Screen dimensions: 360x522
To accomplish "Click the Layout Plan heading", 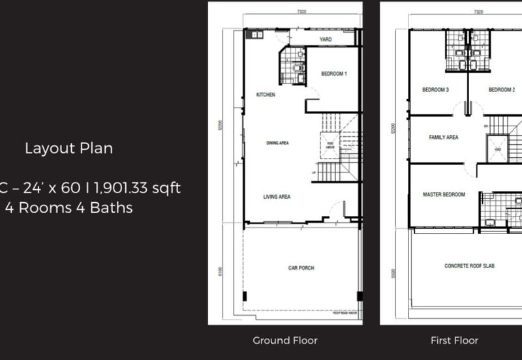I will point(69,148).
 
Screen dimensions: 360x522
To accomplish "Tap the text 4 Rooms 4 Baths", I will point(69,209).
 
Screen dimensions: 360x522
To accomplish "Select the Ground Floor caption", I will point(285,340).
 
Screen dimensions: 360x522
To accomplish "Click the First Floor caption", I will point(454,340).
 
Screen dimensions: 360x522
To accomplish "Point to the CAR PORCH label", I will point(302,267).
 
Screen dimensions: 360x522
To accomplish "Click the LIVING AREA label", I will point(277,196).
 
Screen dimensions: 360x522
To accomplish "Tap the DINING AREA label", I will point(277,143).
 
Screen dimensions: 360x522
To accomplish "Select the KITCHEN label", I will point(266,95).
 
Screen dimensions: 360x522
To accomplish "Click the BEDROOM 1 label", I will point(334,74).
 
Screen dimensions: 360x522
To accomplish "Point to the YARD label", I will point(326,40).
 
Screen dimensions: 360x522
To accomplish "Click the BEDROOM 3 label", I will point(435,89).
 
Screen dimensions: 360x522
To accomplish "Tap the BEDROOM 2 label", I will point(502,89).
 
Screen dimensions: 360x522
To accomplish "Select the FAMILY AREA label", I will point(444,138).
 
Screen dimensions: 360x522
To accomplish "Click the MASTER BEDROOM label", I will point(444,194).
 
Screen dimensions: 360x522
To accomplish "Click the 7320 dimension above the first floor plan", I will point(478,12).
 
